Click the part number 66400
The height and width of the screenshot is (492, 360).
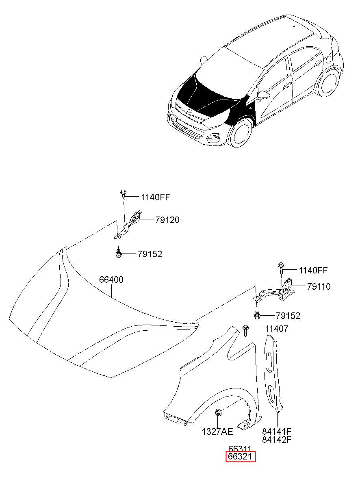click(x=111, y=280)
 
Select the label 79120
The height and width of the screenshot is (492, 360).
click(x=167, y=220)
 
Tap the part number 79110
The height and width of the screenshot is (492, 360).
click(x=319, y=286)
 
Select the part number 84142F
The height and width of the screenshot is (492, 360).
click(x=277, y=440)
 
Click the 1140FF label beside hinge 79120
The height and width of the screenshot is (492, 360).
click(x=156, y=197)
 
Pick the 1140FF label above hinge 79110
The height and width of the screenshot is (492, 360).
click(x=313, y=271)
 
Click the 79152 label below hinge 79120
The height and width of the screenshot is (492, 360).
click(x=150, y=254)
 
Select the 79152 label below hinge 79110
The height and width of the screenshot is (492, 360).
click(x=288, y=316)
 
